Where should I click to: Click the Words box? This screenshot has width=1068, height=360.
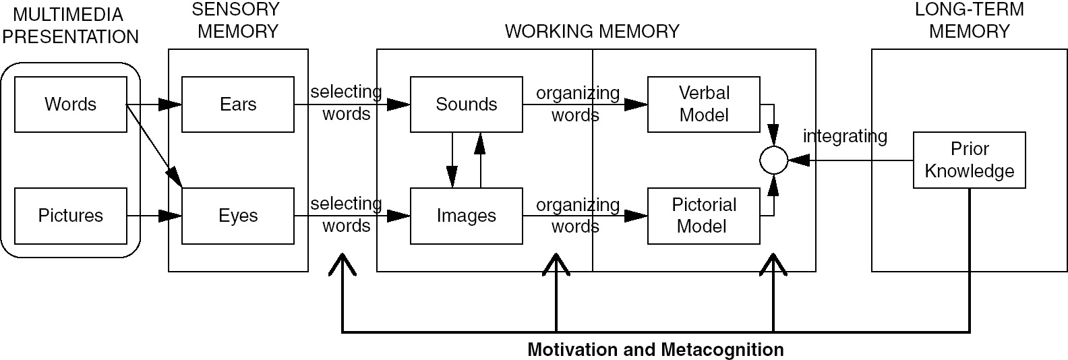pyautogui.click(x=71, y=104)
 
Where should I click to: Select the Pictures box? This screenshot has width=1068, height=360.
pyautogui.click(x=71, y=216)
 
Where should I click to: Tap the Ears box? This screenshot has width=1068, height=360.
pyautogui.click(x=238, y=104)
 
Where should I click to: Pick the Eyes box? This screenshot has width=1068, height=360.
pyautogui.click(x=238, y=216)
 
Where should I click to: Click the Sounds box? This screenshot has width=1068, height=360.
pyautogui.click(x=466, y=104)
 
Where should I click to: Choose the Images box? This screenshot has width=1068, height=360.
pyautogui.click(x=466, y=216)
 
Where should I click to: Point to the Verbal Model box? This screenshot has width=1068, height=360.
pyautogui.click(x=703, y=104)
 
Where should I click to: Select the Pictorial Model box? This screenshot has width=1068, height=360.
pyautogui.click(x=703, y=216)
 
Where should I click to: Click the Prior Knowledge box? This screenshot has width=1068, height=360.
pyautogui.click(x=969, y=160)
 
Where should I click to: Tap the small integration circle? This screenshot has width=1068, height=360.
pyautogui.click(x=773, y=160)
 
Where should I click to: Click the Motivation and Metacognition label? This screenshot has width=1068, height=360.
pyautogui.click(x=655, y=350)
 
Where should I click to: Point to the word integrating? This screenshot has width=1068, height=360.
pyautogui.click(x=845, y=136)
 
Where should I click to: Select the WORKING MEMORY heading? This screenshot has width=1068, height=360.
pyautogui.click(x=592, y=32)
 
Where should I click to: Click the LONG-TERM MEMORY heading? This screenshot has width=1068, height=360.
pyautogui.click(x=969, y=20)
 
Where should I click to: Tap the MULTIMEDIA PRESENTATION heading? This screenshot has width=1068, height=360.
pyautogui.click(x=70, y=26)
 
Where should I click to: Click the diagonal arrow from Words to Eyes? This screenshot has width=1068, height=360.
pyautogui.click(x=154, y=144)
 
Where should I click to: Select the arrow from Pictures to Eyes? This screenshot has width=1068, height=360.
pyautogui.click(x=154, y=216)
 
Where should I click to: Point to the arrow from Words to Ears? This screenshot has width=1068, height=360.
pyautogui.click(x=154, y=104)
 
